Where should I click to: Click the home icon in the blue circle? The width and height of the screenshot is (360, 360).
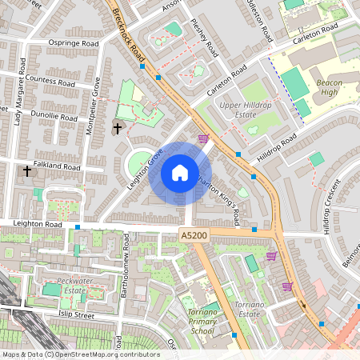coord(180,172)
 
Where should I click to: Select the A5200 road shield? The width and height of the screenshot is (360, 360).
coord(194,235)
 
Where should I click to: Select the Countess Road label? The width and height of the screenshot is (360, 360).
coord(50,82)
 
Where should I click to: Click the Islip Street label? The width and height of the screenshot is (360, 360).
coord(73,316)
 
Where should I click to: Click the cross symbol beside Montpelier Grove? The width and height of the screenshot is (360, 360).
coord(118,128)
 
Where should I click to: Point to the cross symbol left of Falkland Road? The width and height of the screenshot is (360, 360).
coord(27,170)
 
